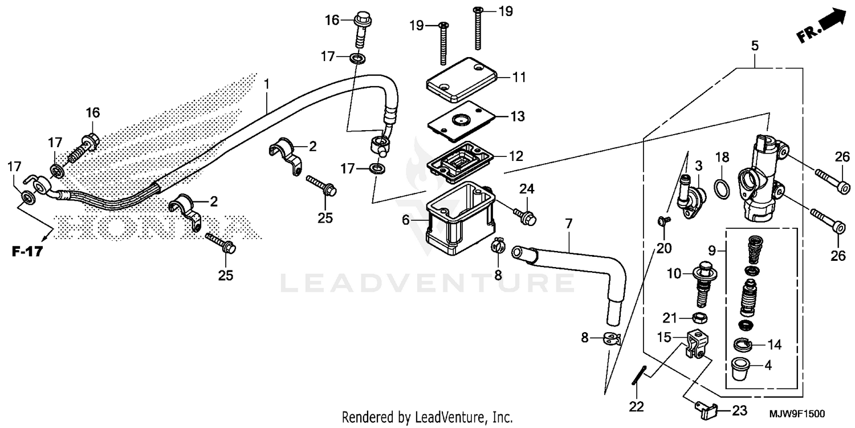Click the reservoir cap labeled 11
(462, 80)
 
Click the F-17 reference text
(27, 251)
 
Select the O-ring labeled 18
(721, 189)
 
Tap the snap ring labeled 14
(742, 344)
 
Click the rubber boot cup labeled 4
(740, 368)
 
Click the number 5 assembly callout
(754, 46)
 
